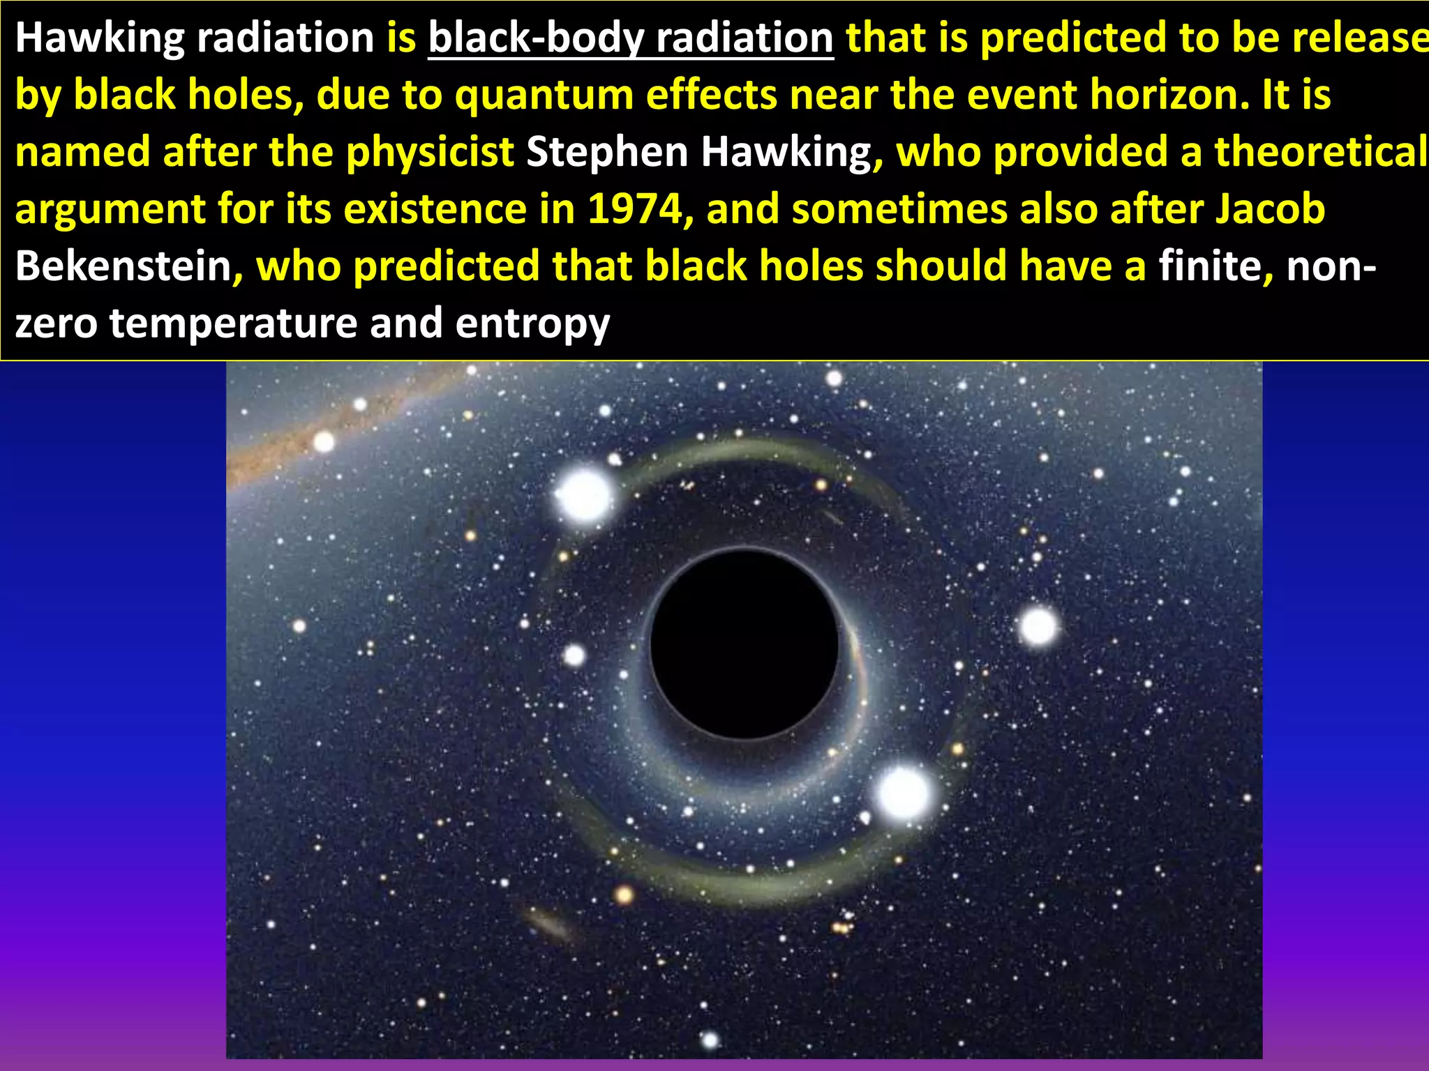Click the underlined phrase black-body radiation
point(630,38)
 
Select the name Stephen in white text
point(607,152)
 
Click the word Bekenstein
point(123,266)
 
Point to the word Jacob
point(1270,209)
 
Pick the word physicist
point(430,152)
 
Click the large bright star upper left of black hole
point(583,496)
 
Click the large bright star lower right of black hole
point(903,793)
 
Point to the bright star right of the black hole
point(1038,626)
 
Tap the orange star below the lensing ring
point(624,895)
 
